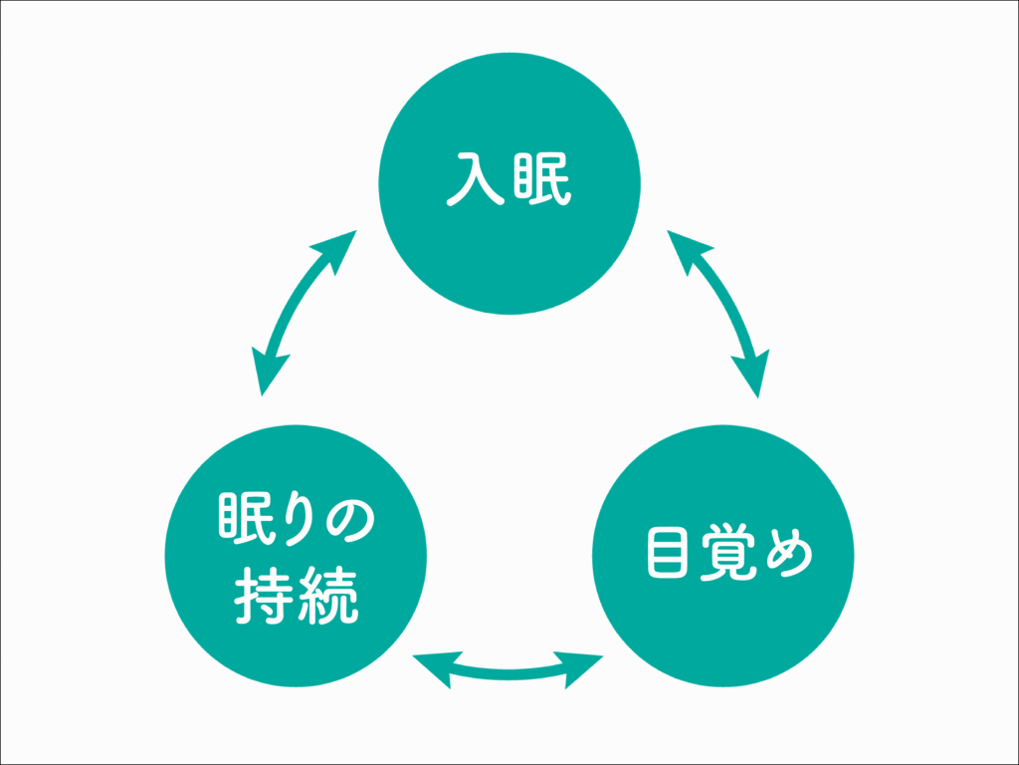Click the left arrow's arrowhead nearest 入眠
point(338,249)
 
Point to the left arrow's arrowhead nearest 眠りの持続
point(267,374)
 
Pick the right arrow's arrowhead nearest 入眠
point(683,249)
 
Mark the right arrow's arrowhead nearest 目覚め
point(753,374)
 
